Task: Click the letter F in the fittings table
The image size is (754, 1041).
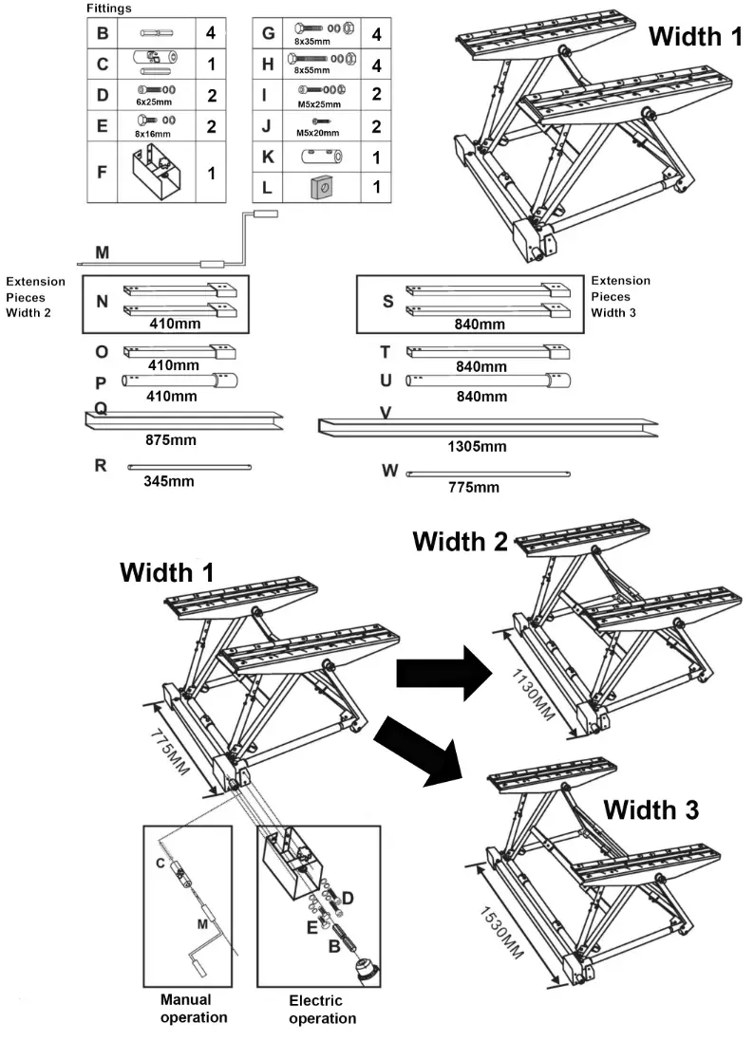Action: pyautogui.click(x=102, y=173)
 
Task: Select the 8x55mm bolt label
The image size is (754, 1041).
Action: pyautogui.click(x=311, y=71)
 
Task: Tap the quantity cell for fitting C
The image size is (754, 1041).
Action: pyautogui.click(x=211, y=65)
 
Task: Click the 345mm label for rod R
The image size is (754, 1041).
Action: pyautogui.click(x=168, y=481)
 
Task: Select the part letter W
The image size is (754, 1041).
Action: pyautogui.click(x=389, y=471)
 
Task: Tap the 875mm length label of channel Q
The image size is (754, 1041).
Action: pyautogui.click(x=171, y=440)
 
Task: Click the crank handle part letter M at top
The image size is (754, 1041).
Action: pyautogui.click(x=102, y=251)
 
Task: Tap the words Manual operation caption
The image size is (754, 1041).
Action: pyautogui.click(x=194, y=1008)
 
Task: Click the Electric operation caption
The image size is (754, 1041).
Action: pyautogui.click(x=322, y=1010)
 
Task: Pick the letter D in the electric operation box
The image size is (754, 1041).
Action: pyautogui.click(x=349, y=896)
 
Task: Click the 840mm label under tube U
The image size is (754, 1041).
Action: pyautogui.click(x=479, y=396)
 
